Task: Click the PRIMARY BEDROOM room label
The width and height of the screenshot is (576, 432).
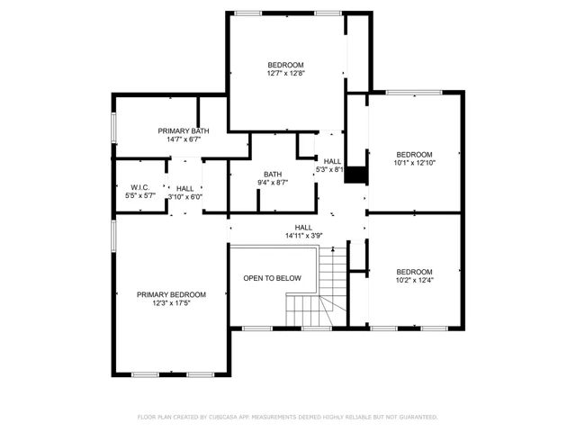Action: click(x=171, y=294)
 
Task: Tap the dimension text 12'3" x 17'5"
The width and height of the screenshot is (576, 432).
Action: click(x=171, y=303)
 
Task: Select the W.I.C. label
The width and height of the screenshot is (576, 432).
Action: click(x=140, y=187)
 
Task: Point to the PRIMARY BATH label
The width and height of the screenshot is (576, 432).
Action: click(x=184, y=130)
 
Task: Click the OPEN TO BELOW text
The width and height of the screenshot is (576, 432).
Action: click(x=272, y=278)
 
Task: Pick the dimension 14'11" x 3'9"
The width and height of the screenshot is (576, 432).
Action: click(x=304, y=236)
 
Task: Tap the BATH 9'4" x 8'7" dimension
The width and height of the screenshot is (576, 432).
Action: click(x=273, y=182)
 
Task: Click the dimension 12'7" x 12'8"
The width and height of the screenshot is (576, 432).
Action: click(x=286, y=73)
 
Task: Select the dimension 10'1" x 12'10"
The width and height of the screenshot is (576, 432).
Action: click(x=414, y=163)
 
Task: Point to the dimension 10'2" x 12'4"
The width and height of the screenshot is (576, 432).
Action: click(x=414, y=280)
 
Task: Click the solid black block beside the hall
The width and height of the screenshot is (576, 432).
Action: click(x=355, y=175)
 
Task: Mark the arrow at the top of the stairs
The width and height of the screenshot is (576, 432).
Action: click(x=333, y=249)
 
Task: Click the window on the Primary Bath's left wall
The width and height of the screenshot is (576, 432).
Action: click(x=114, y=128)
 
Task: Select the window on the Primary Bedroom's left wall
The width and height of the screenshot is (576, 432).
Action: click(x=114, y=236)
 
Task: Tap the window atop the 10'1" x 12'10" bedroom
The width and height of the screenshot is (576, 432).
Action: click(x=414, y=93)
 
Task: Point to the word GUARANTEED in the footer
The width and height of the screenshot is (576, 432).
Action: click(x=418, y=417)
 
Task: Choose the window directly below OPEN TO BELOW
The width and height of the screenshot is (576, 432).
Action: click(x=257, y=328)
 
